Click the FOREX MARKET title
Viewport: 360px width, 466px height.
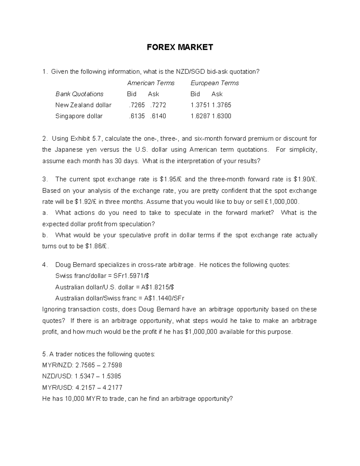180,47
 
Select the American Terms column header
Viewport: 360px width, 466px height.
151,83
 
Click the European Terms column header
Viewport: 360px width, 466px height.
214,83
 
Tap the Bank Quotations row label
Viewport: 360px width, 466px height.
79,94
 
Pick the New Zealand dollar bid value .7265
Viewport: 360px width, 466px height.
136,105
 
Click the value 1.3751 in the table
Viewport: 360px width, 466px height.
200,105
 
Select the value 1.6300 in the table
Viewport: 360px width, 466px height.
221,116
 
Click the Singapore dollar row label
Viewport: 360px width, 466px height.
79,116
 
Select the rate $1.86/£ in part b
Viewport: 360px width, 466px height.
97,246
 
